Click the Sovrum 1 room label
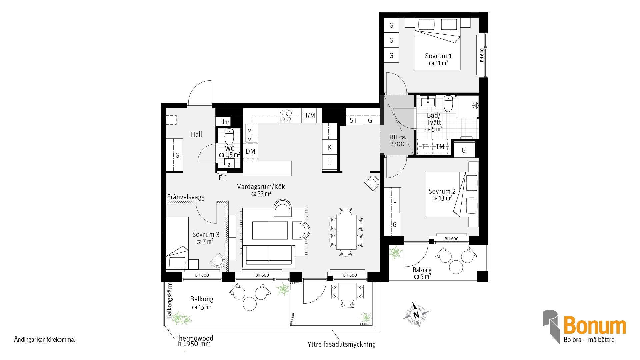coord(438,56)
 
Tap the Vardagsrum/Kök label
coord(261,187)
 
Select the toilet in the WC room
coord(229,136)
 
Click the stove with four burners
coord(286,116)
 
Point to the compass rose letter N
coord(416,315)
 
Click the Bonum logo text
coord(595,325)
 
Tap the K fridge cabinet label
coord(330,147)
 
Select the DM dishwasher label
coord(250,151)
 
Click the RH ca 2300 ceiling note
coord(397,140)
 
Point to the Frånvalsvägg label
coord(186,197)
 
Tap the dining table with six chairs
coord(346,232)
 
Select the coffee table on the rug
coord(270,230)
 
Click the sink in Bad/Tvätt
coord(428,101)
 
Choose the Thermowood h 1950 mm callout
coord(194,341)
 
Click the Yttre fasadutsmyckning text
coord(341,344)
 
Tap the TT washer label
coord(425,147)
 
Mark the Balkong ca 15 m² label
coord(202,303)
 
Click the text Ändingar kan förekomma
coord(45,340)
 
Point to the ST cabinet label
coord(353,120)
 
